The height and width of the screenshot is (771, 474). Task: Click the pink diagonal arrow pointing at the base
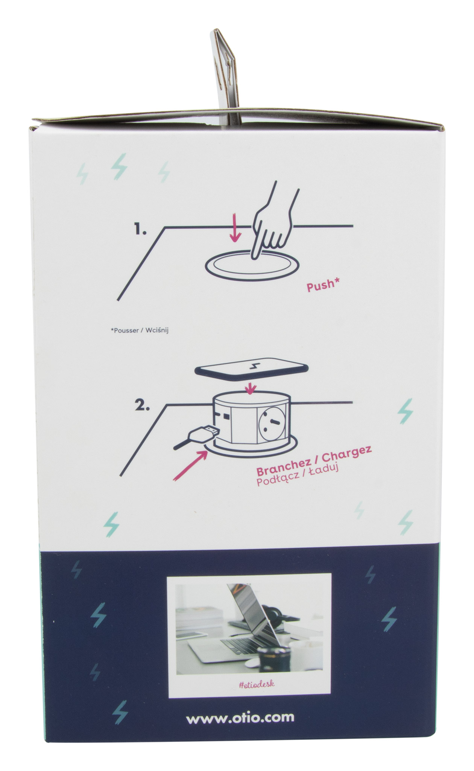coord(190,464)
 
